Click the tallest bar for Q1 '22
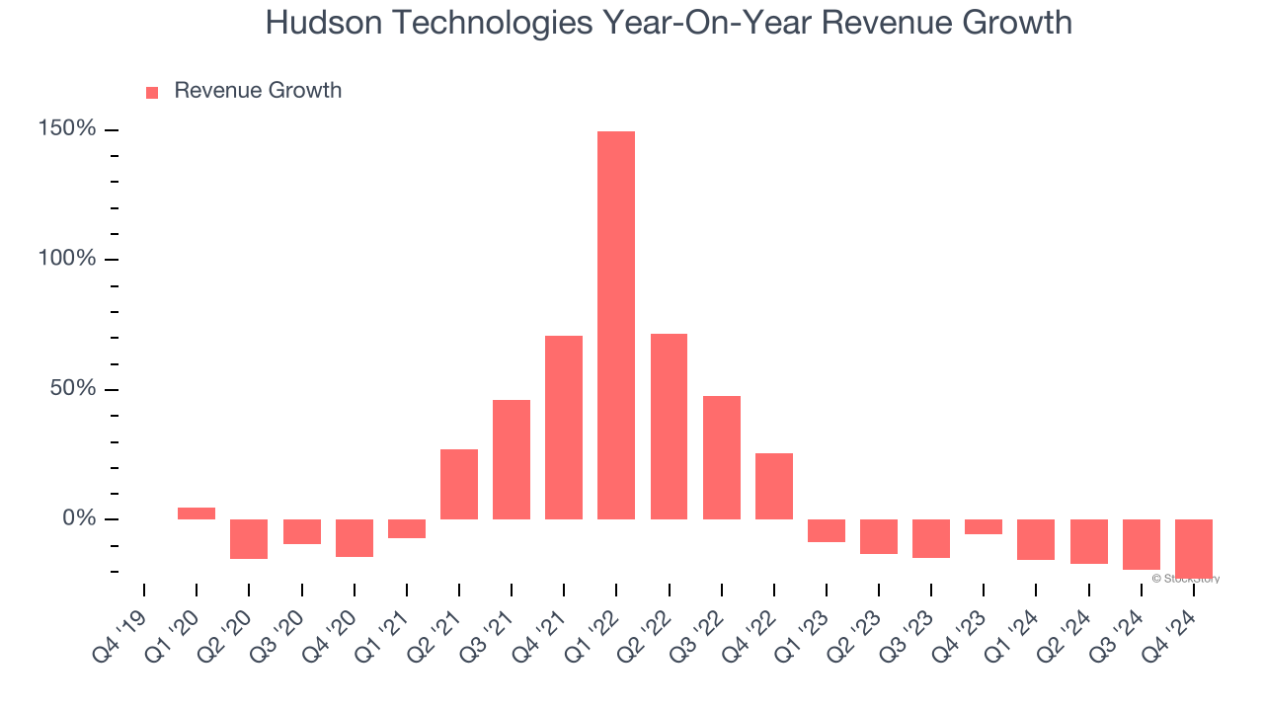coord(616,325)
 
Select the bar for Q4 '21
coord(564,428)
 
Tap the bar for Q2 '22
coord(669,427)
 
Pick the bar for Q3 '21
coord(512,459)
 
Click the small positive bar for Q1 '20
coord(197,513)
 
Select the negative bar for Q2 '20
coord(249,539)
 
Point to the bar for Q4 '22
coord(774,486)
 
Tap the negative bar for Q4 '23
coord(984,526)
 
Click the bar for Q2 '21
coord(459,484)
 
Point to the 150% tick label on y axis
coord(67,129)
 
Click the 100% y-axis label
coord(67,259)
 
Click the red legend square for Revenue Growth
coord(152,92)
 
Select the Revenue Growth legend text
coord(258,91)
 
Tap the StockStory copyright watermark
coord(1186,579)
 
